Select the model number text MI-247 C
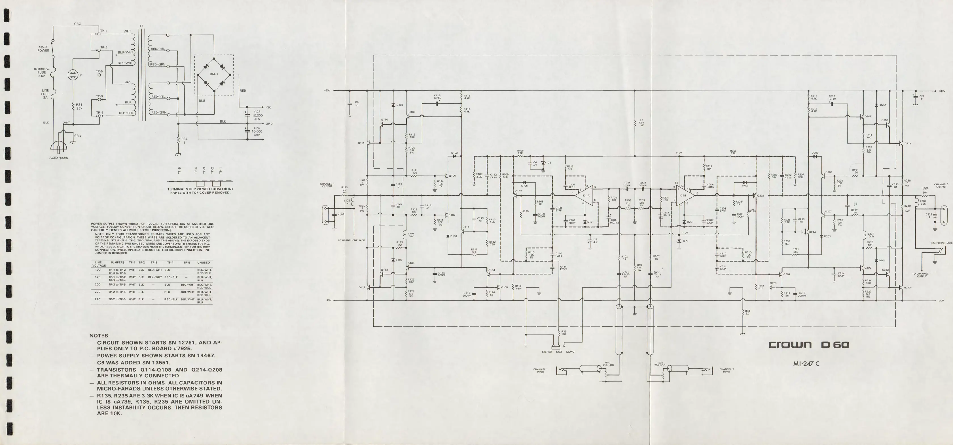[806, 364]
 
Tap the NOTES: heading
[99, 336]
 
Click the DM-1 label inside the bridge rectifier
[214, 74]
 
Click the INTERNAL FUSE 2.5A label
[41, 72]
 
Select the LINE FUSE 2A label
[45, 94]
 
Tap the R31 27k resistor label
[79, 106]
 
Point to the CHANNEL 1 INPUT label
[541, 370]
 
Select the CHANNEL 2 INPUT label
[727, 370]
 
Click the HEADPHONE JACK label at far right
[941, 243]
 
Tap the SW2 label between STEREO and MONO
[559, 352]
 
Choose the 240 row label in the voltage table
[98, 299]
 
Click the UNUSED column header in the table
[204, 263]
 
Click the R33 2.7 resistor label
[747, 312]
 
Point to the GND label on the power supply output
[269, 124]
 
